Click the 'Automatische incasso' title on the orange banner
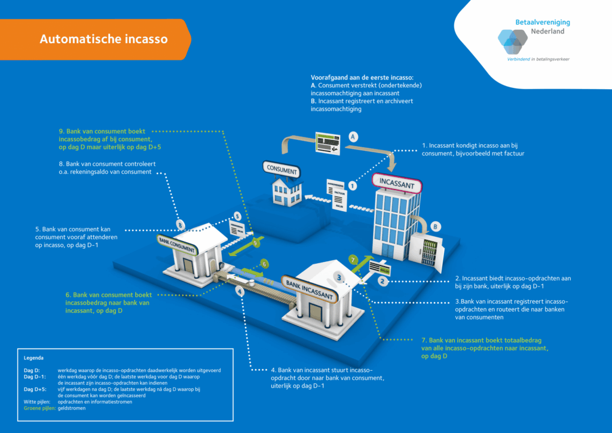[x=103, y=39]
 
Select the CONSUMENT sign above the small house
[x=281, y=170]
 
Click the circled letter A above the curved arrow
[x=353, y=136]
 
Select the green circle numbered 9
[x=256, y=243]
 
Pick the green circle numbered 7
[x=353, y=259]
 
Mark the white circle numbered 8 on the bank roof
[x=180, y=224]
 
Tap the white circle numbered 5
[x=237, y=216]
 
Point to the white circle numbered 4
[x=240, y=291]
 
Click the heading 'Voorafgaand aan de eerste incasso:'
[x=362, y=78]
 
